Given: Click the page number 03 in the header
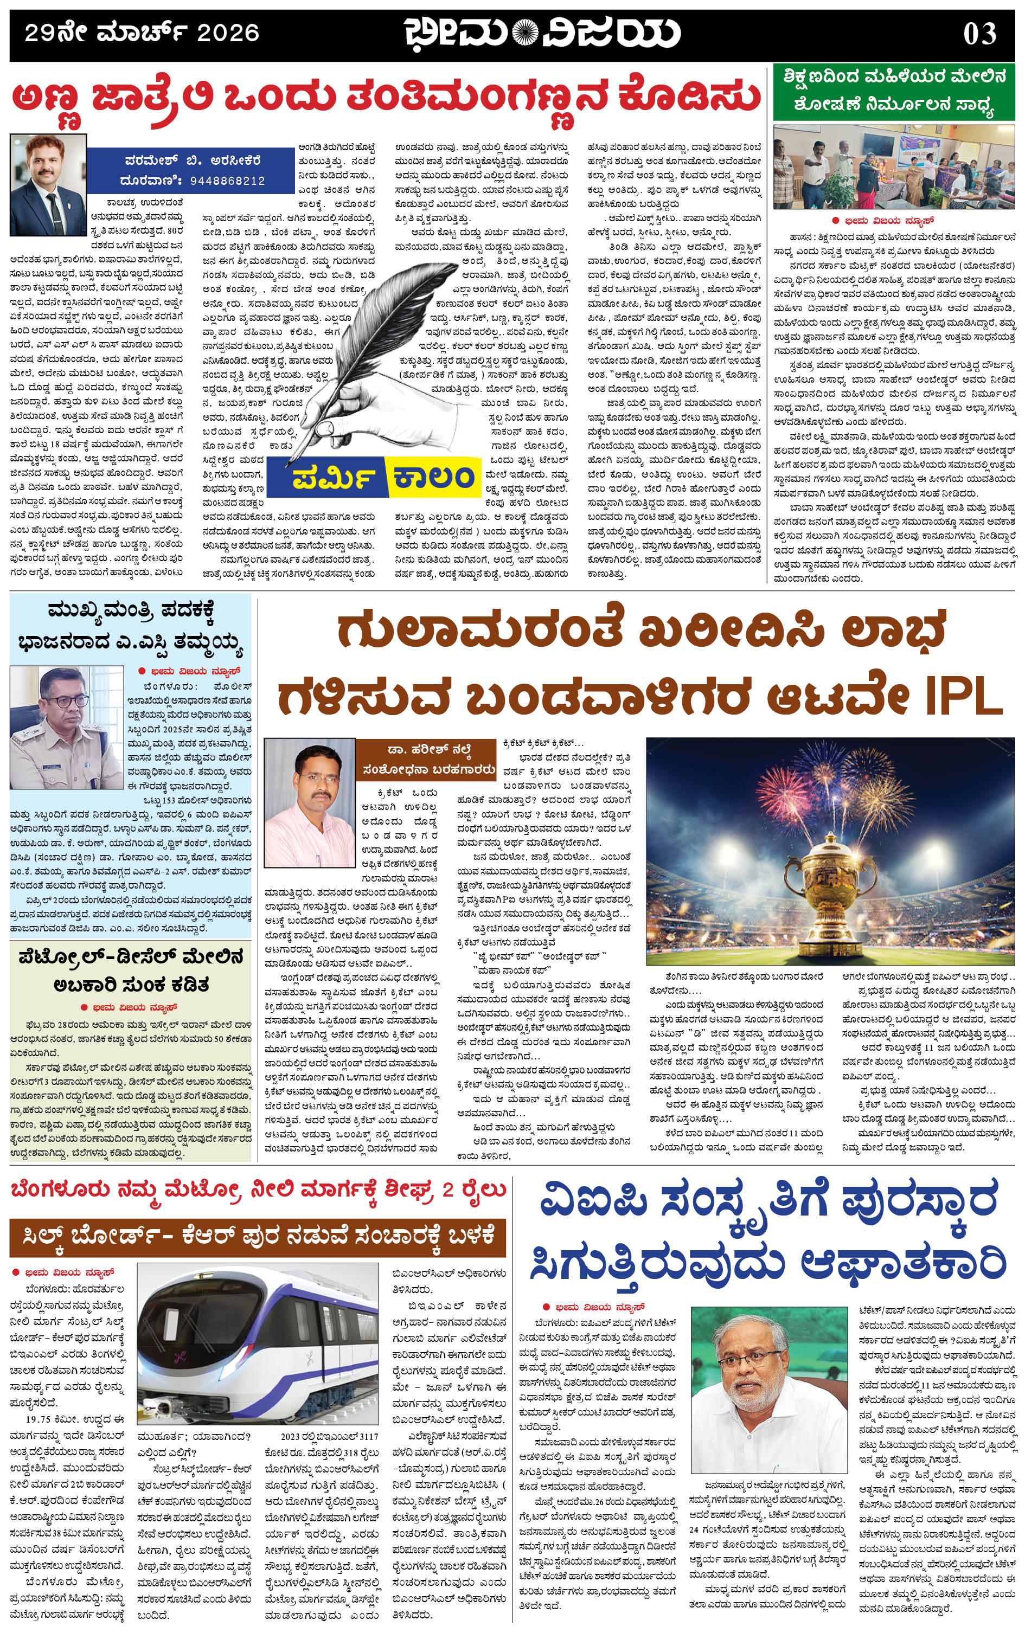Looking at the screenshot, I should point(979,34).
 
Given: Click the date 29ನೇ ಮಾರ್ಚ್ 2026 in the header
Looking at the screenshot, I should point(142,33).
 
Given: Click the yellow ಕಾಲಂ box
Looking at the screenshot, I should point(431,477).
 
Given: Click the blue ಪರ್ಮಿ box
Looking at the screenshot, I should point(326,477).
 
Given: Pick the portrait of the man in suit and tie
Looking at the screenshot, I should point(48,184).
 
